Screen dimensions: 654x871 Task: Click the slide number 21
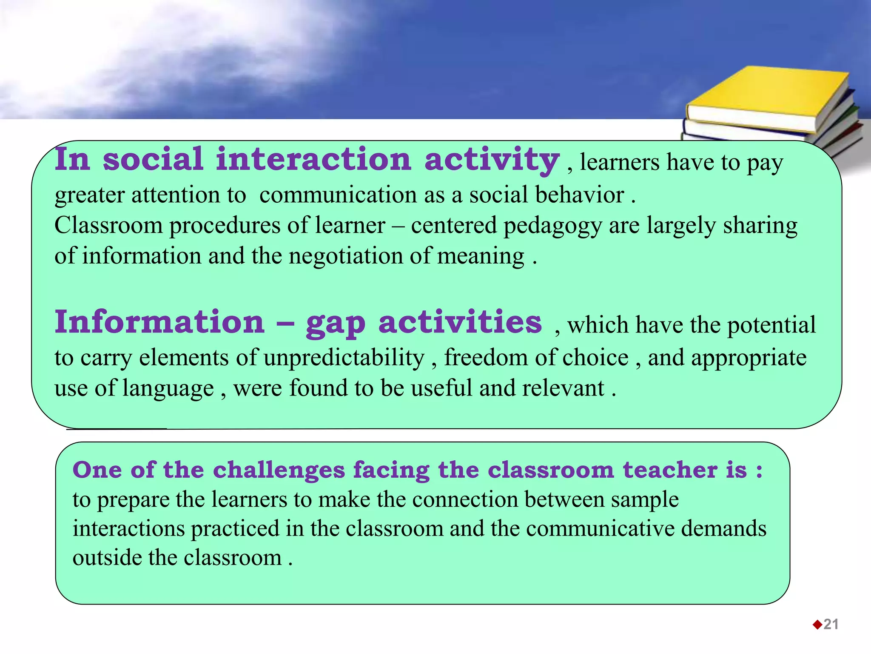coord(831,624)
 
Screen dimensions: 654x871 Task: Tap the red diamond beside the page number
coord(817,625)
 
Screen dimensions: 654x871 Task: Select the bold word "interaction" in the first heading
coord(313,159)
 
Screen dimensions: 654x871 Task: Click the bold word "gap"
coord(336,324)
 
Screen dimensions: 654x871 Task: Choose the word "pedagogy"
coord(552,226)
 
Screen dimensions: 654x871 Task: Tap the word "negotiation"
coord(346,256)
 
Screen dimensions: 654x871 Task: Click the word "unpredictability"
coord(344,357)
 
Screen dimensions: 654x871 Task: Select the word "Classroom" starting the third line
coord(108,225)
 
